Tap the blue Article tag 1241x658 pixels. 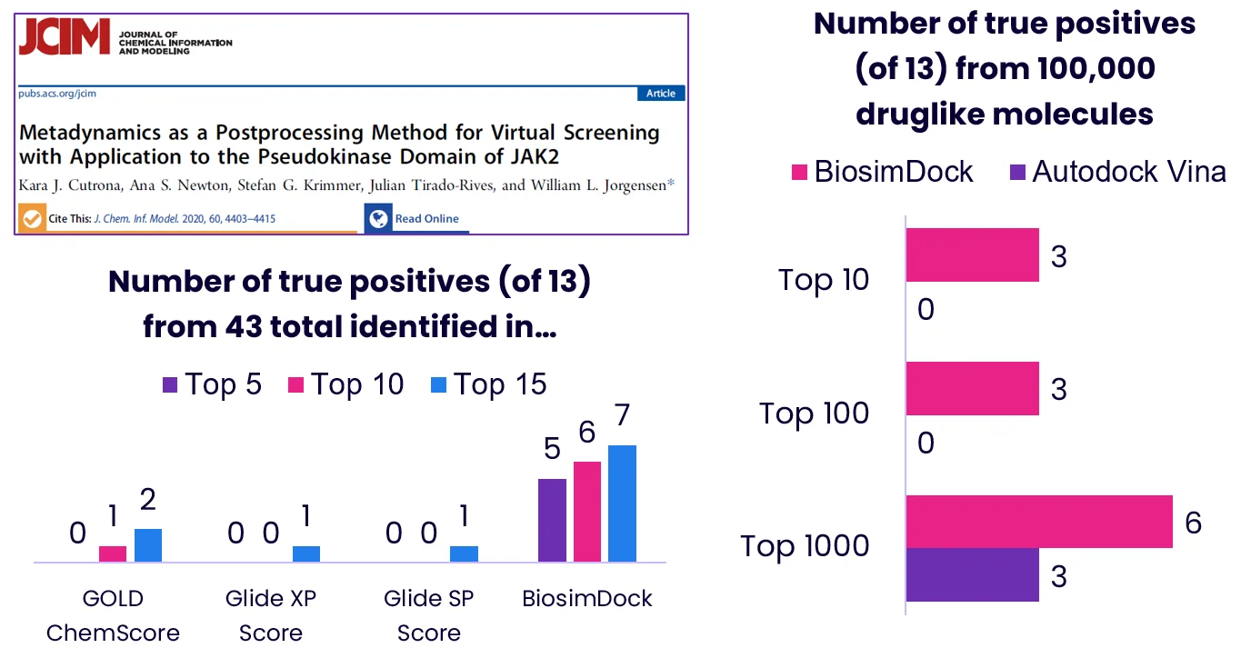click(661, 94)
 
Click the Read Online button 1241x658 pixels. click(416, 219)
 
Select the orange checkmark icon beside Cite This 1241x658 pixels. click(32, 219)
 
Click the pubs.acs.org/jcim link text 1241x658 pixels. click(57, 94)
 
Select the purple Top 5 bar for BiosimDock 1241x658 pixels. click(552, 520)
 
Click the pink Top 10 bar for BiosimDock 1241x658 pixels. click(587, 512)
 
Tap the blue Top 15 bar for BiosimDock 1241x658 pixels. click(622, 503)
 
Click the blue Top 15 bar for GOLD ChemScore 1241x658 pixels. click(148, 545)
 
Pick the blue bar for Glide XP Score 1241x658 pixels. click(306, 553)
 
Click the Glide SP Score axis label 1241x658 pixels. click(429, 615)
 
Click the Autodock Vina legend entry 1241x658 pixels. click(1117, 171)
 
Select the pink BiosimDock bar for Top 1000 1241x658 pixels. click(1039, 522)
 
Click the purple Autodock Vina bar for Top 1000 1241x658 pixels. click(973, 574)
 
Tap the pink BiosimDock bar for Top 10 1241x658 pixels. click(973, 255)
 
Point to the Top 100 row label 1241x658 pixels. click(815, 414)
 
